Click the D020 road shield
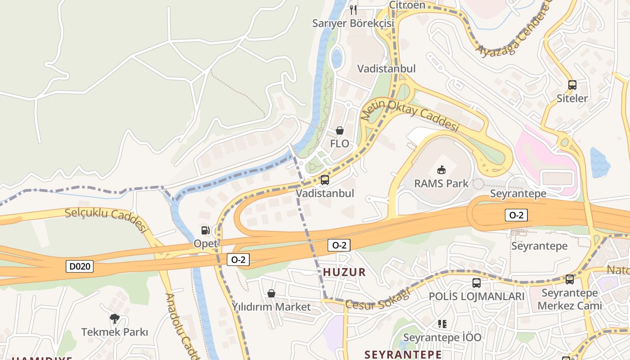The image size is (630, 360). click(81, 266)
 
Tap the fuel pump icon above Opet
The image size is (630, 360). click(205, 230)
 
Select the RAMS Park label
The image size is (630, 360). click(441, 184)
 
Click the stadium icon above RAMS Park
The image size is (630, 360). click(441, 170)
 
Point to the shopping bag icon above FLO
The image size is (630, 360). click(340, 130)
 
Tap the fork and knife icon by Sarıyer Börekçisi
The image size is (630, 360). click(353, 9)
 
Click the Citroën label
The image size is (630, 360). click(407, 5)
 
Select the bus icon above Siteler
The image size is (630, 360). click(572, 85)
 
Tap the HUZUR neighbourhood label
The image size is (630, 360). click(344, 272)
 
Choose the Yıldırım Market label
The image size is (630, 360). click(271, 307)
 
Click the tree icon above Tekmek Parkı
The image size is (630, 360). click(115, 319)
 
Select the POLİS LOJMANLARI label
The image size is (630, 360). click(477, 297)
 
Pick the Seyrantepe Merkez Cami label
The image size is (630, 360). click(569, 299)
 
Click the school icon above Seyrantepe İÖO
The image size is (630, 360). click(442, 324)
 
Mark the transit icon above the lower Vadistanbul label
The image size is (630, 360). click(324, 180)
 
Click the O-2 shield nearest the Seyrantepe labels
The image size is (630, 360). click(516, 215)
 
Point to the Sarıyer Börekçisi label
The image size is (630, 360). click(353, 23)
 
